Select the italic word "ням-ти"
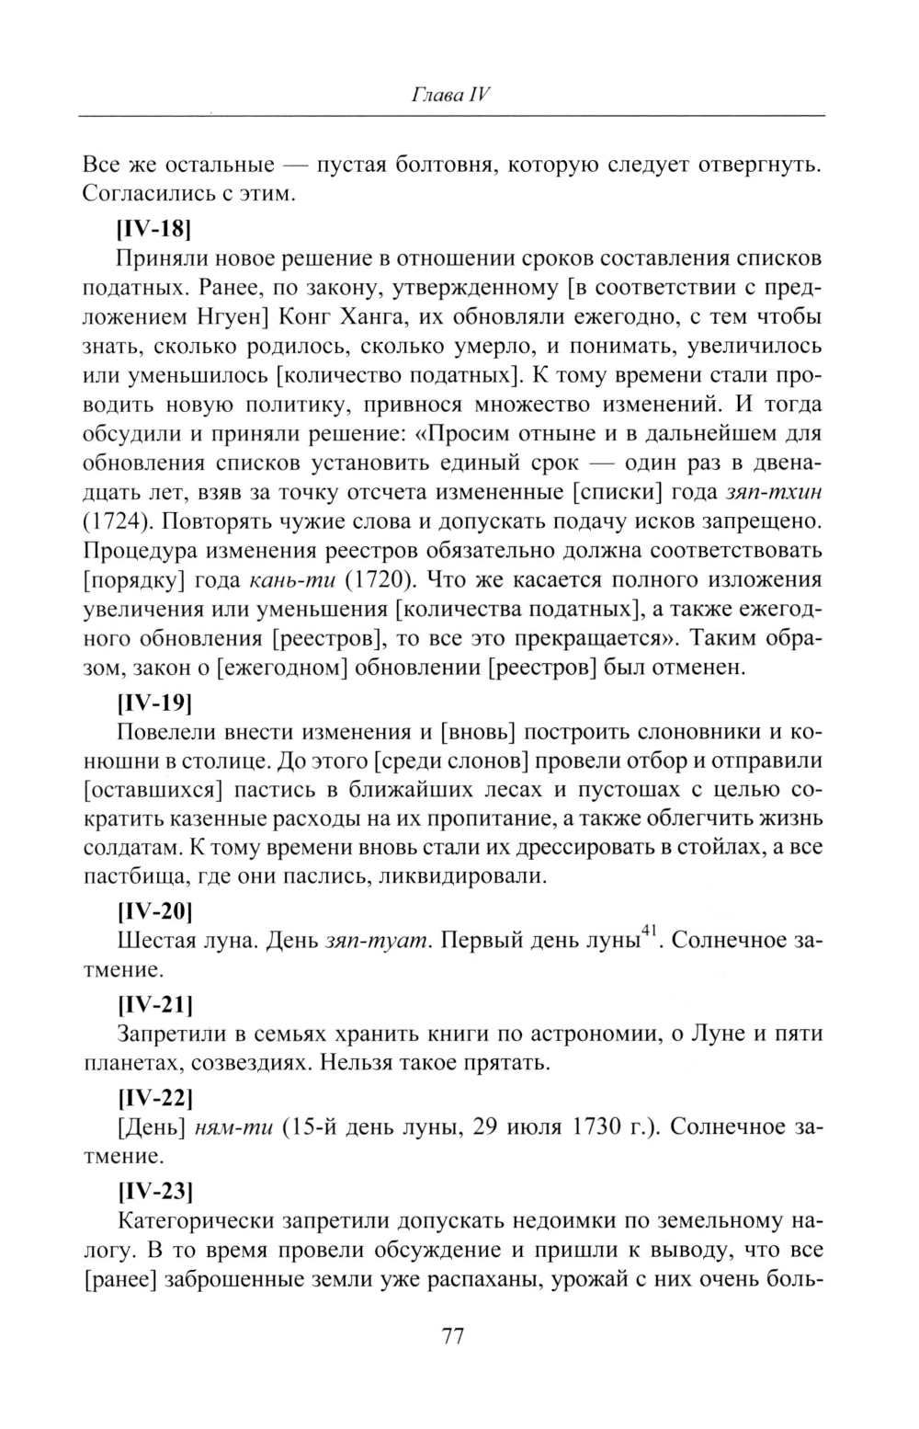tap(235, 1127)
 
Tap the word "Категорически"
tap(193, 1221)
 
